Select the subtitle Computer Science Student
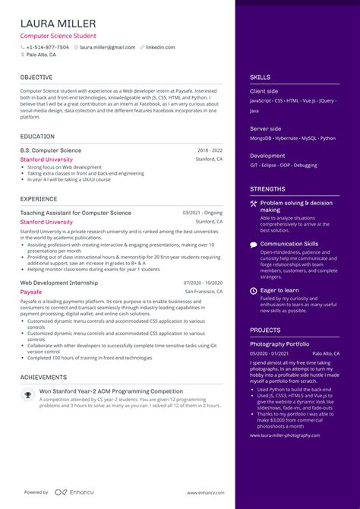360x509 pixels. (58, 36)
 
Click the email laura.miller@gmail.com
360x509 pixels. (107, 47)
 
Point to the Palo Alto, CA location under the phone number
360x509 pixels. (41, 55)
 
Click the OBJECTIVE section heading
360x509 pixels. (36, 77)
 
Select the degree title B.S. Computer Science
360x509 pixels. (51, 151)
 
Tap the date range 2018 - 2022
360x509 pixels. (210, 151)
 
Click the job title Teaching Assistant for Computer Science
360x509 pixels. (75, 213)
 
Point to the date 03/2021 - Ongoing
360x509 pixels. (203, 213)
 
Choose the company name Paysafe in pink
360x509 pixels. (31, 291)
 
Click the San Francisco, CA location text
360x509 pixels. (204, 291)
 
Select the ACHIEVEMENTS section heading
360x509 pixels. (43, 377)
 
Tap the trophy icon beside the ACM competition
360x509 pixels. (28, 394)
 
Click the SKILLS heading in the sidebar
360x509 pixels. (260, 77)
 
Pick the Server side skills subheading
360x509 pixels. (264, 128)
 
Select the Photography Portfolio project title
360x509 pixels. (279, 344)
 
